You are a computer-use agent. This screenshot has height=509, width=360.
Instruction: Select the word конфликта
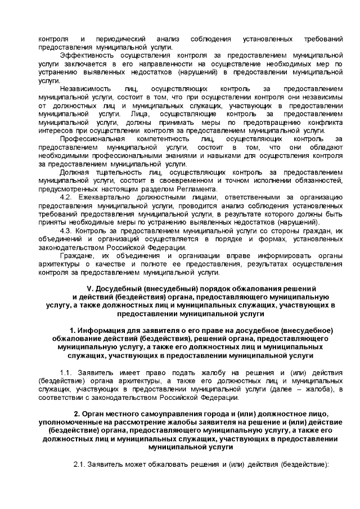click(325, 122)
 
